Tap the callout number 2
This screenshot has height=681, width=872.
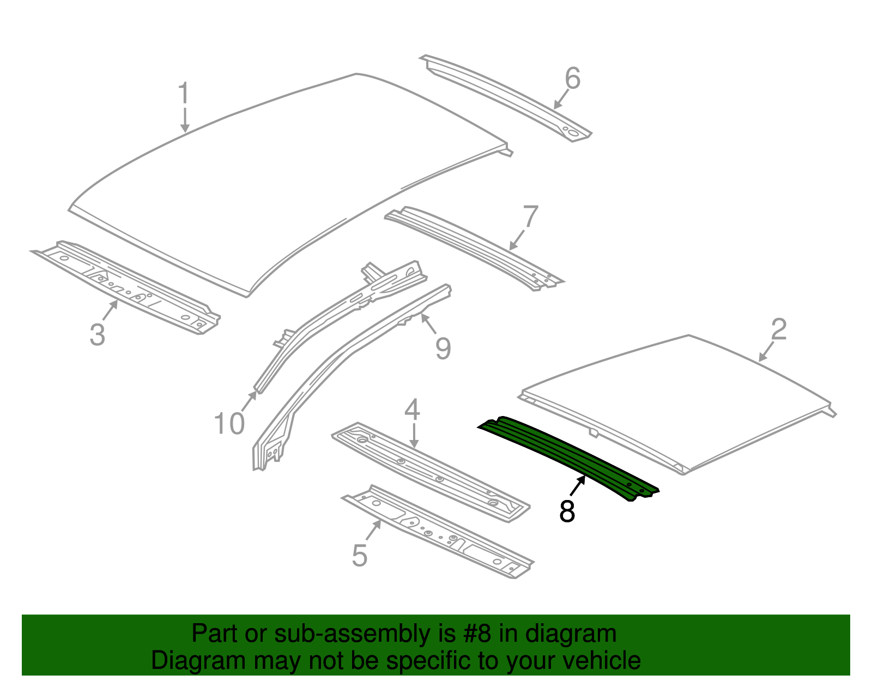tap(779, 330)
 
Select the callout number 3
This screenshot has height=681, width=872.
tap(97, 334)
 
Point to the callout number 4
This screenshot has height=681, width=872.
tap(412, 410)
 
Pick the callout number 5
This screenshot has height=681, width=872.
tap(360, 556)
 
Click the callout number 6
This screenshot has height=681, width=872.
tap(572, 79)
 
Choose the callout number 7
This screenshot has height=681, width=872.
tap(530, 217)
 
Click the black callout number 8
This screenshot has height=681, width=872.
tap(567, 511)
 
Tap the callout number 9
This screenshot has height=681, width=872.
tap(443, 348)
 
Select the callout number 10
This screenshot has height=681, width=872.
tap(229, 424)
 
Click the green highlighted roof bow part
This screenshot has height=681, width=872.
tap(567, 455)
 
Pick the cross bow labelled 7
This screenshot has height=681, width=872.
tap(474, 245)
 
